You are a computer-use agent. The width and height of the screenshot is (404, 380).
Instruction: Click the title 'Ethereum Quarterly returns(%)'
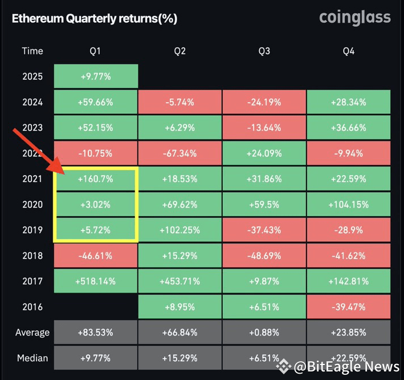(94, 19)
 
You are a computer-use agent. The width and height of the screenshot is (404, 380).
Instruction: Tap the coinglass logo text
(354, 17)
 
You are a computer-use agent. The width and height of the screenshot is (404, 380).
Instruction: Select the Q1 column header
(95, 51)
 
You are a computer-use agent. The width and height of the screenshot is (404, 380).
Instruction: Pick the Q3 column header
(264, 51)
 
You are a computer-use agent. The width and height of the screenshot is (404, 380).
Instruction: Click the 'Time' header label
(32, 51)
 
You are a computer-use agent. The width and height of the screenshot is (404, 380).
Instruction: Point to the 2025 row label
(32, 76)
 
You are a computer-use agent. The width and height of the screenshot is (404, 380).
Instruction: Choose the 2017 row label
(32, 281)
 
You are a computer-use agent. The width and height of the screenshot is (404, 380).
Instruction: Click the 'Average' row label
(32, 333)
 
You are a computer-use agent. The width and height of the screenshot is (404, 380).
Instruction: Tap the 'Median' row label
(32, 358)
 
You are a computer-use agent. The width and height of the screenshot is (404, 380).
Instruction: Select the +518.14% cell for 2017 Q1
(96, 281)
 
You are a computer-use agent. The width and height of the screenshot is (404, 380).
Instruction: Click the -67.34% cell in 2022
(179, 153)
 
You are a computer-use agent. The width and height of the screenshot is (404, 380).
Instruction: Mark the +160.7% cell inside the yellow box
(96, 179)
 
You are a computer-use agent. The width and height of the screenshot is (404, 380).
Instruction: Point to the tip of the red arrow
(63, 173)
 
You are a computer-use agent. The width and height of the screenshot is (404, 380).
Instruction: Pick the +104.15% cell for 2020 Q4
(348, 205)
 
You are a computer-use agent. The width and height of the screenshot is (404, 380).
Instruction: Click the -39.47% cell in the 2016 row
(348, 307)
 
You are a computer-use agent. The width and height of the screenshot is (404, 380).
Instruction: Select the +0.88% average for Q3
(264, 333)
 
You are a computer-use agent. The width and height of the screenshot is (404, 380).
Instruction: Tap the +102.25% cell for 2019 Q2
(179, 231)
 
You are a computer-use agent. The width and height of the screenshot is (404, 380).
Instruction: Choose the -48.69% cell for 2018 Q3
(264, 256)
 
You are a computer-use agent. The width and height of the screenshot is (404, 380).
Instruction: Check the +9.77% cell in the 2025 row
(96, 76)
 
